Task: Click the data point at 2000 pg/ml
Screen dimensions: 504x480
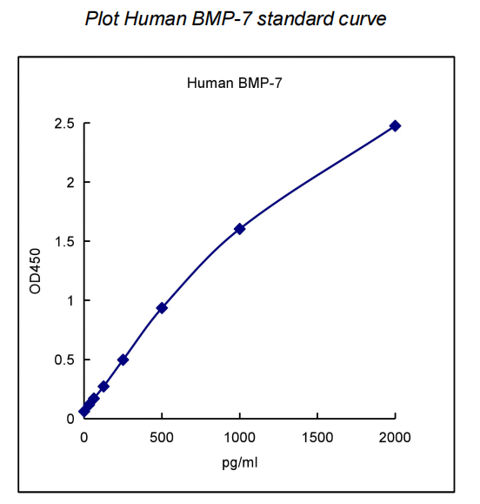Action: (x=395, y=126)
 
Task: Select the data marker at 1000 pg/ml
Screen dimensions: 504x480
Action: (x=239, y=229)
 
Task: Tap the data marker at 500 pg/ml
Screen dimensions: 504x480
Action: (x=162, y=308)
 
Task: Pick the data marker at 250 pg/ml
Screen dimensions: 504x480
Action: (x=123, y=360)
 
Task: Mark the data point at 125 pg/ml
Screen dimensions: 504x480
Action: (x=103, y=386)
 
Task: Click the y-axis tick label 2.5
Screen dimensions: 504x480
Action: (x=63, y=124)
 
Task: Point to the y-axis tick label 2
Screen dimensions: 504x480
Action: (x=69, y=183)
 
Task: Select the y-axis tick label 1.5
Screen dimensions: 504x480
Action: (x=63, y=241)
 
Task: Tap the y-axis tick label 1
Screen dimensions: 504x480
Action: (x=69, y=300)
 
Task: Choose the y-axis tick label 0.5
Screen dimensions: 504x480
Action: (x=63, y=360)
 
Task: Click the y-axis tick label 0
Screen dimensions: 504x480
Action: (x=69, y=419)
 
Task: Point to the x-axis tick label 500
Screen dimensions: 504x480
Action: (x=162, y=436)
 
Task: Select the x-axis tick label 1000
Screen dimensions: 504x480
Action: (x=239, y=436)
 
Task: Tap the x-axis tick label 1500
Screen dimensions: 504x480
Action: (x=317, y=436)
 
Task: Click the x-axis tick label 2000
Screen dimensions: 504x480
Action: (x=395, y=436)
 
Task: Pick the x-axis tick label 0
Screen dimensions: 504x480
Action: (x=84, y=436)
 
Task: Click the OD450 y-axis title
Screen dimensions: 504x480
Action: (x=36, y=271)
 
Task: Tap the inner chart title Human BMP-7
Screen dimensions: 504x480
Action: (x=234, y=84)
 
